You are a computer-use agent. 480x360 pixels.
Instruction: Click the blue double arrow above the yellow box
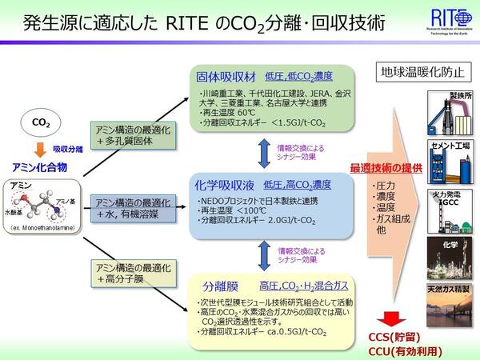[x=262, y=254]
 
